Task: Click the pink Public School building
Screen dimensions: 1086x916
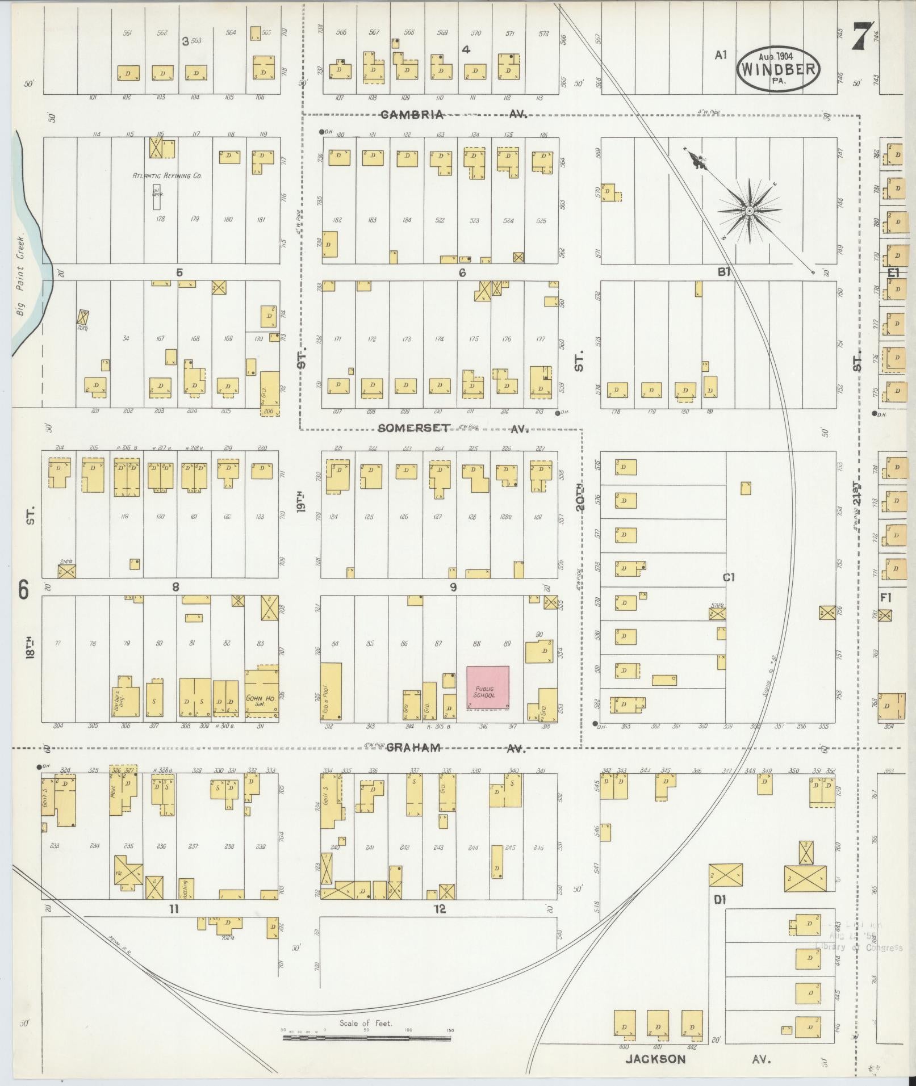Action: tap(487, 687)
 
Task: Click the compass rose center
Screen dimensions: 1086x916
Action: tap(749, 211)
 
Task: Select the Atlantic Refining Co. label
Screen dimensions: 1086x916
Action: tap(168, 176)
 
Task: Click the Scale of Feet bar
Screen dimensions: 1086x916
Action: tap(367, 1038)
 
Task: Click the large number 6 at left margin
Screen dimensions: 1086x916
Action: tap(23, 591)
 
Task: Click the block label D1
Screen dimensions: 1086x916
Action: tap(721, 900)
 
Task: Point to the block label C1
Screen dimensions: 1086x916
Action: tap(729, 577)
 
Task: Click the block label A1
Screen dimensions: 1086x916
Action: tap(721, 55)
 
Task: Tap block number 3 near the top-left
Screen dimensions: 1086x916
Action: tap(185, 41)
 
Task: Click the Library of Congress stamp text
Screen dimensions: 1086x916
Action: tap(858, 947)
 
